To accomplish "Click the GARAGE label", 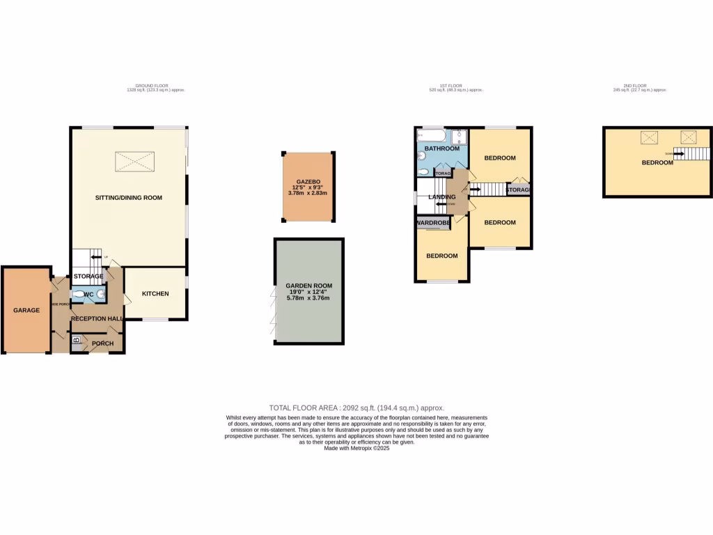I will pyautogui.click(x=26, y=310).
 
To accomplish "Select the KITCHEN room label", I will pyautogui.click(x=155, y=294).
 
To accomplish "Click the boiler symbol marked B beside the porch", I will pyautogui.click(x=76, y=341).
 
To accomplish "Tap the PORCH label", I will pyautogui.click(x=102, y=343).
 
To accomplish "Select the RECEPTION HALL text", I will pyautogui.click(x=97, y=319).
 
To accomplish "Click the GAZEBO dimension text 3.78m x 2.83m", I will pyautogui.click(x=306, y=193).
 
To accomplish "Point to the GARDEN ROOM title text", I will pyautogui.click(x=308, y=286).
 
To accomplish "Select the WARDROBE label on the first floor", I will pyautogui.click(x=432, y=223).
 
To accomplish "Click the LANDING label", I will pyautogui.click(x=441, y=197).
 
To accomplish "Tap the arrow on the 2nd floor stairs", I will pyautogui.click(x=678, y=154).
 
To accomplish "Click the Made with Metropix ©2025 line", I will pyautogui.click(x=356, y=449).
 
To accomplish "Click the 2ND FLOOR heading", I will pyautogui.click(x=639, y=86).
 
